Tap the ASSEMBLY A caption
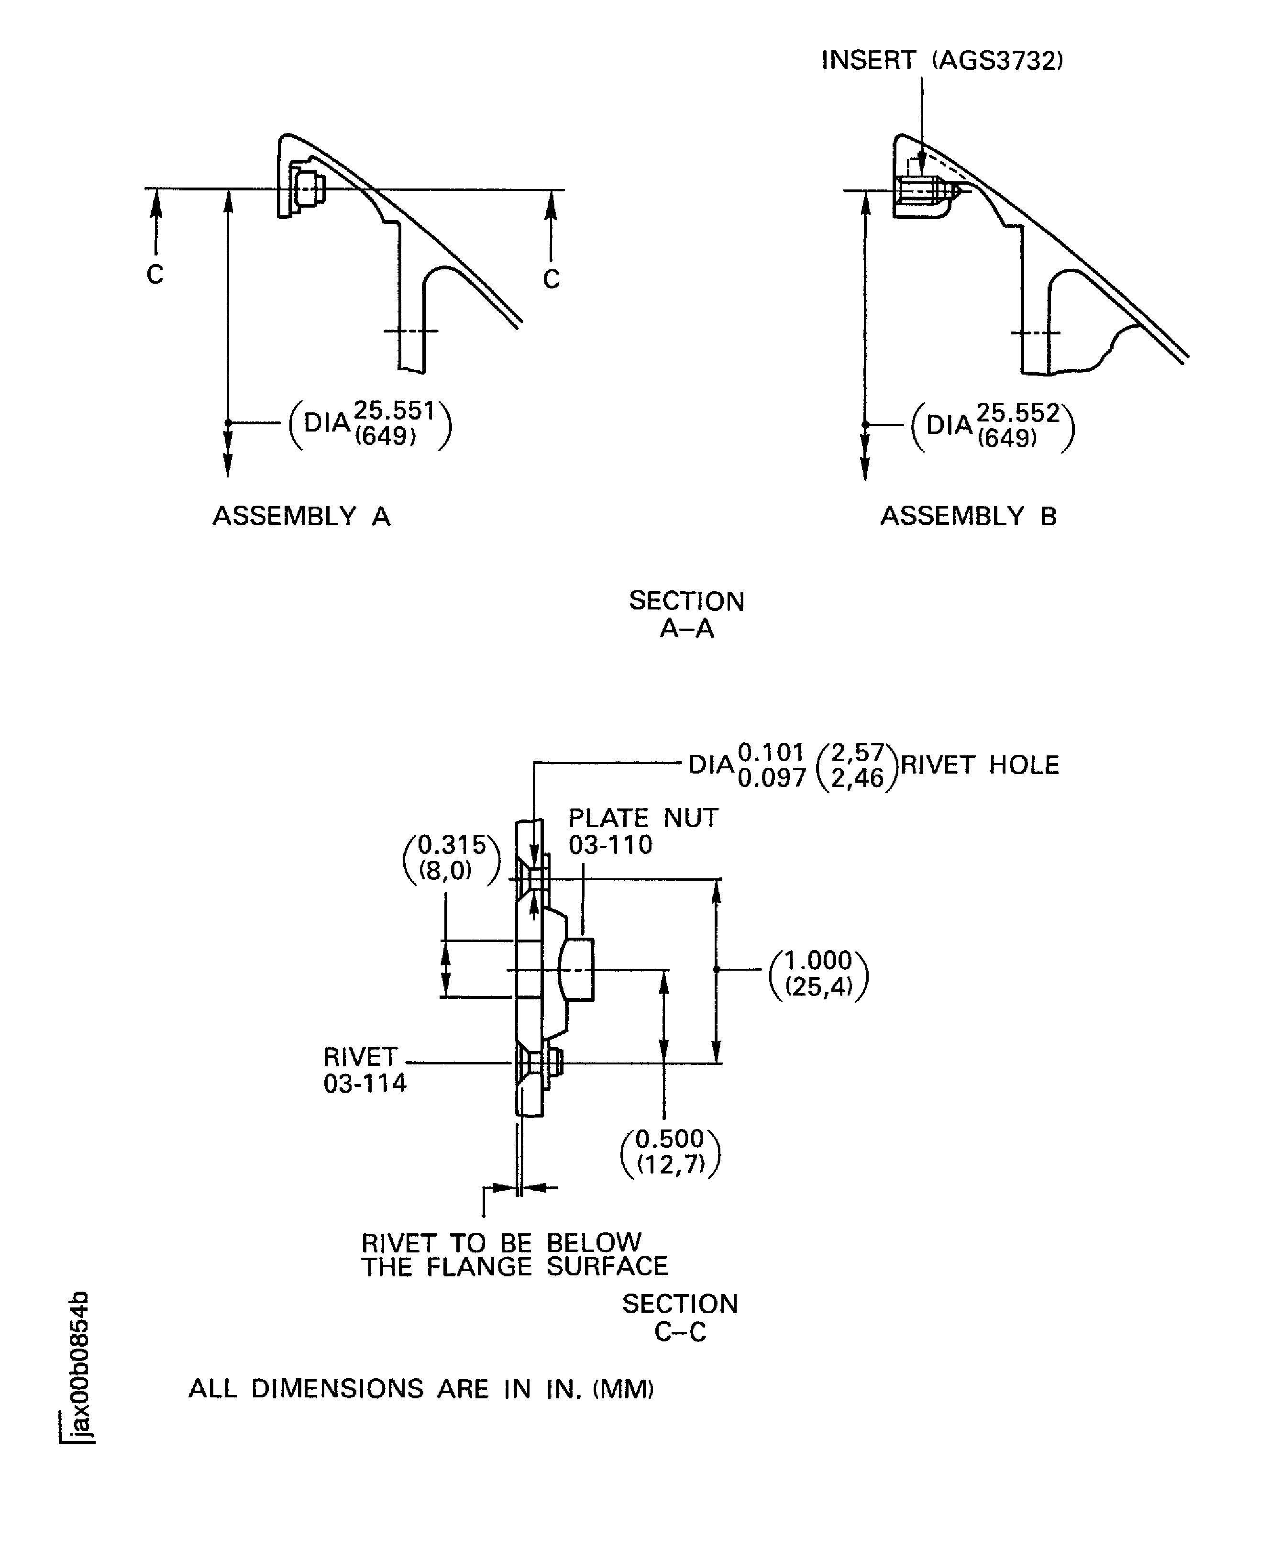(x=301, y=517)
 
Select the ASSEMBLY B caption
(x=968, y=517)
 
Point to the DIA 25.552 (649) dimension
(x=993, y=426)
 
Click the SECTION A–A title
(x=686, y=614)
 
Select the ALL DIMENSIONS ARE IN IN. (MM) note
(x=420, y=1388)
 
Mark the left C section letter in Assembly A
(x=155, y=274)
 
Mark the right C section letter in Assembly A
(x=552, y=279)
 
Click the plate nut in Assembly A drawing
(x=307, y=188)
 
